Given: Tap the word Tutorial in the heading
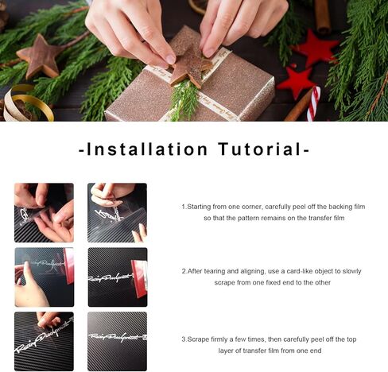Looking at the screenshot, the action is [260, 149].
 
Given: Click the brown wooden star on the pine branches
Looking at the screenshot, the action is [41, 55].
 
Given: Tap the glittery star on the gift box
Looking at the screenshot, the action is [190, 64].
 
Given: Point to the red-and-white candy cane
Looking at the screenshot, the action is [314, 103].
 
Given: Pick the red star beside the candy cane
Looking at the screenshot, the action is [297, 81].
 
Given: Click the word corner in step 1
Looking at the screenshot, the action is [252, 207].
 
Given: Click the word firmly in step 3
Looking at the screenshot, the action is [219, 339].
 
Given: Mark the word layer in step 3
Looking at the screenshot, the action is [226, 351].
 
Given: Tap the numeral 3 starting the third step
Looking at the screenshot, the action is [183, 339].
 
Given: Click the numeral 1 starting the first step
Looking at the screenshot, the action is [184, 207].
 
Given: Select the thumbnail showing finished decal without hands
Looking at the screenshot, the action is [117, 341].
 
